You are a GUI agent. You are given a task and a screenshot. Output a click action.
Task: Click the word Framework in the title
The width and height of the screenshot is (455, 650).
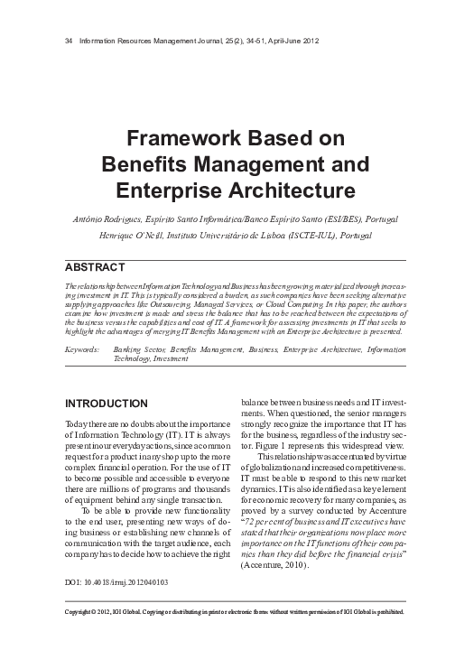pos(175,138)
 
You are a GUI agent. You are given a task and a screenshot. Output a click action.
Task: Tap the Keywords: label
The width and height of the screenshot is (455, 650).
pos(84,349)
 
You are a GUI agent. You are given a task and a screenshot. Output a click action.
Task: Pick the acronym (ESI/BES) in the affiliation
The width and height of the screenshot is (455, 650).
pos(337,218)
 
